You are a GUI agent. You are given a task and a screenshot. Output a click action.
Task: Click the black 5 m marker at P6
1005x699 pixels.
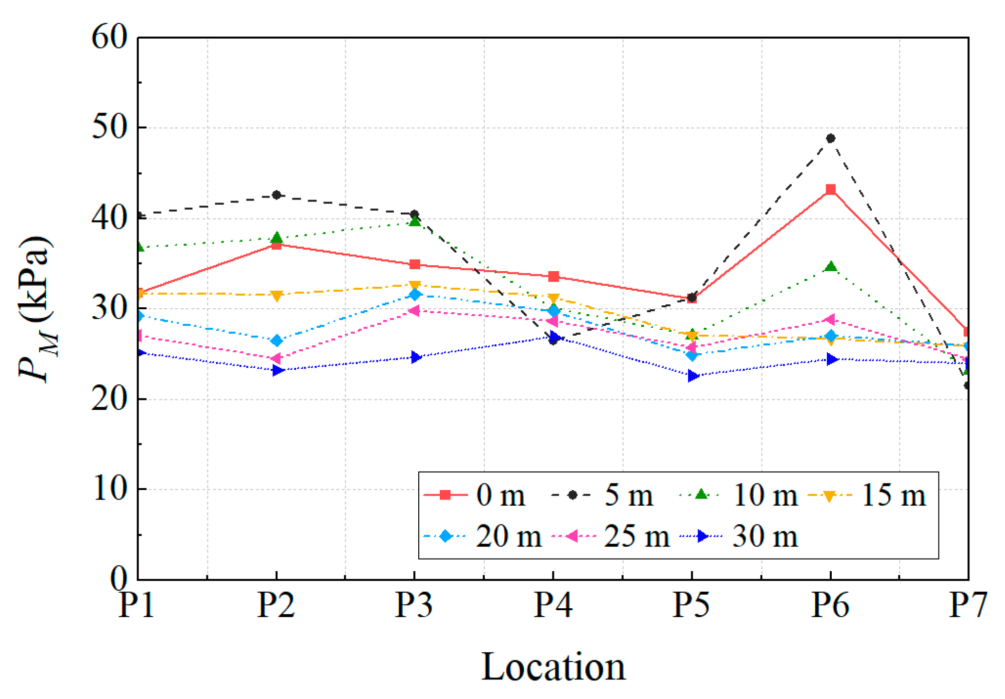(830, 138)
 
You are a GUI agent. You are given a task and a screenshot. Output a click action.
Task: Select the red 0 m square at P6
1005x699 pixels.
(830, 189)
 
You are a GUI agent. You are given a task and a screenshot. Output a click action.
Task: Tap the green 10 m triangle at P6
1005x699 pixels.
(830, 267)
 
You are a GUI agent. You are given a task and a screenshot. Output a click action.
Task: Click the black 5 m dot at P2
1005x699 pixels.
(276, 195)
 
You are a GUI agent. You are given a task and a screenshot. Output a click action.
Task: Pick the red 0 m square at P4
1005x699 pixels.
(553, 277)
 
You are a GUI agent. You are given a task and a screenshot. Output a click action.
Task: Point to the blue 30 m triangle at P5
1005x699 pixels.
(692, 376)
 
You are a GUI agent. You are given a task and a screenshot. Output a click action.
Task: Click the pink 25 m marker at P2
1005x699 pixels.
(276, 359)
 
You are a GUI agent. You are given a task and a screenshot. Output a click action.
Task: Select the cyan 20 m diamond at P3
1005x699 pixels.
(415, 294)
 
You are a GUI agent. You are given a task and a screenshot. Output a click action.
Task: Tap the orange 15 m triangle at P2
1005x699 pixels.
(276, 296)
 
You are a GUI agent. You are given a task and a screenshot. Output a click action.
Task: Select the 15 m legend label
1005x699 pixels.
(893, 495)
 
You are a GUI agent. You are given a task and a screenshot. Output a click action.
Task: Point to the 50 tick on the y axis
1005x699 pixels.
(109, 128)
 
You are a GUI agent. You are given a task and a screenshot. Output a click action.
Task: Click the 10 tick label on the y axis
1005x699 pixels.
(109, 488)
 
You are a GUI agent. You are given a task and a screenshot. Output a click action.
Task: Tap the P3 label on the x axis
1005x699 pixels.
(414, 605)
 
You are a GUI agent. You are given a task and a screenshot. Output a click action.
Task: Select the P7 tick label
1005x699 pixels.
(967, 605)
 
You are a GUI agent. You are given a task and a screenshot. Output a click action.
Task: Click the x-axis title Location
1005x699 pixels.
(553, 667)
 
